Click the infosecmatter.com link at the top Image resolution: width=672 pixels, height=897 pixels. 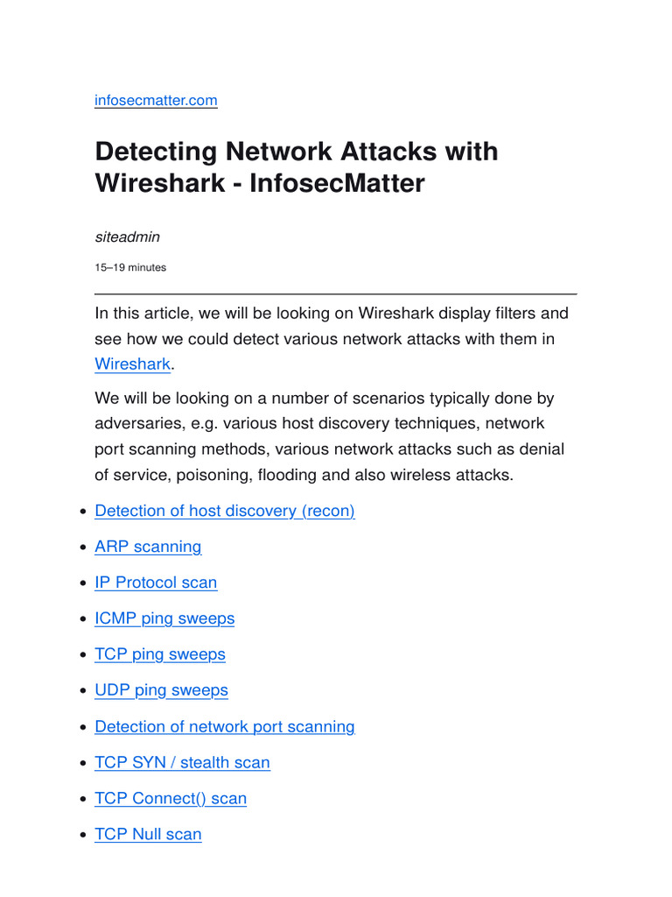click(156, 100)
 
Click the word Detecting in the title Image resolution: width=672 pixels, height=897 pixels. click(157, 152)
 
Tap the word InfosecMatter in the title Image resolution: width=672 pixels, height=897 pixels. click(337, 183)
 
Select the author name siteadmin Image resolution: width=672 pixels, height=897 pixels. click(128, 237)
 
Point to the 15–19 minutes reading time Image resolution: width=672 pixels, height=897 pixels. click(130, 268)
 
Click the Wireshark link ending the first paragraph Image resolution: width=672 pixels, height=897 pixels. click(133, 364)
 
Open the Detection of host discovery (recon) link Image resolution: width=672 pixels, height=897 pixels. click(225, 511)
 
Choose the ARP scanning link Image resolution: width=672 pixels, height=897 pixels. click(148, 547)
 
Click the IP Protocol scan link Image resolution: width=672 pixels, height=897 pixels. click(156, 583)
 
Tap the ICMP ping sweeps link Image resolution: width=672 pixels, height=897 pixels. click(164, 618)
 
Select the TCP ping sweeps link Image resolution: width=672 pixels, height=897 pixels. click(160, 654)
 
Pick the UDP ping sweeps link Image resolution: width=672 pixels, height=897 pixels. click(161, 690)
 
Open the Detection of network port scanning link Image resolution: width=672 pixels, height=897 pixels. click(225, 726)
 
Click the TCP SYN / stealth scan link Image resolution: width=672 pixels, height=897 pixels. click(182, 763)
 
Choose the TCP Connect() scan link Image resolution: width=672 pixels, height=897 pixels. click(171, 799)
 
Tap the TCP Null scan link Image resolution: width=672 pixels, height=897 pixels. click(148, 834)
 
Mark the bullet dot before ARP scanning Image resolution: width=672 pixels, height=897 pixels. click(83, 547)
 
